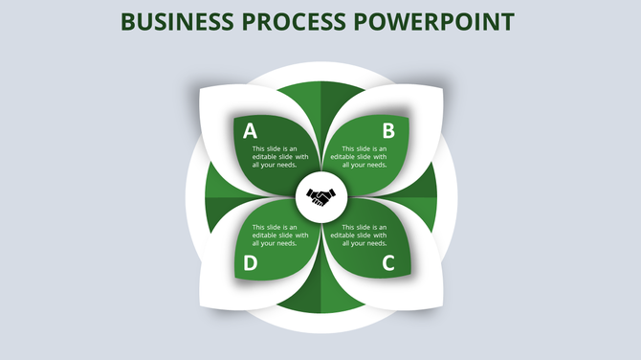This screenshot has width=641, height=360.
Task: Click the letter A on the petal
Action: coord(250,131)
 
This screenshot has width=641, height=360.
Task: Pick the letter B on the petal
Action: coord(388,131)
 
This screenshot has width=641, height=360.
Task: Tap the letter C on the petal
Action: coord(388,262)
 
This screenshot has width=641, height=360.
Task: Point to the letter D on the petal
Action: coord(250,262)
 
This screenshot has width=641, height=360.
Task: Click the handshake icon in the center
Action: coord(320,198)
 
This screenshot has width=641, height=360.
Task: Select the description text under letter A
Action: coord(276,156)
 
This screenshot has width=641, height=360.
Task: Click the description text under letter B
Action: coord(365,156)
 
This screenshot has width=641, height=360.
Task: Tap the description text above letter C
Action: coord(365,236)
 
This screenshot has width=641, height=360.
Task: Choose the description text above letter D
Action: coord(276,236)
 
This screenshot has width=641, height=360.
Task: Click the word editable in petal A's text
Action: coord(267,157)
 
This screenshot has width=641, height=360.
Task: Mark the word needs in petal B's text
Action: coord(376,165)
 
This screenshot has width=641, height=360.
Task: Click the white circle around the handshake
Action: coord(320,179)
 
